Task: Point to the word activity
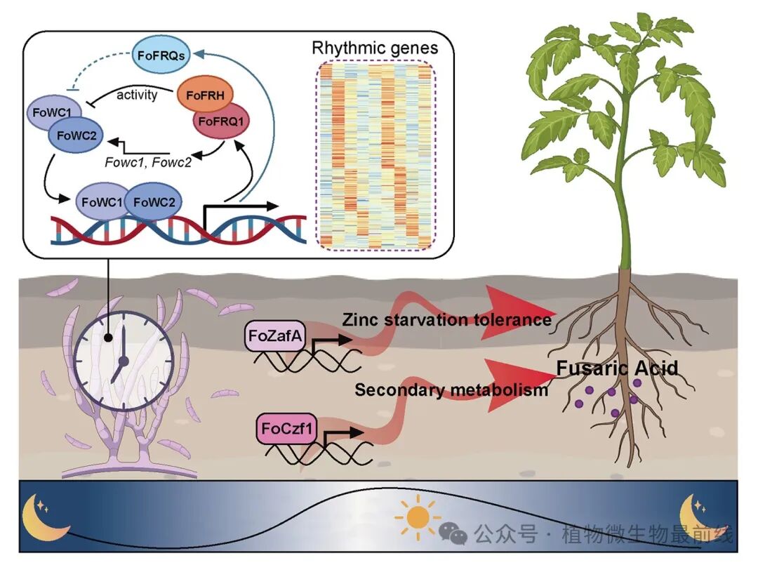(x=136, y=94)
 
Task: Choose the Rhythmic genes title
(x=375, y=48)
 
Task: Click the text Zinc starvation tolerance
(x=446, y=320)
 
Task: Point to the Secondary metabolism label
(x=451, y=390)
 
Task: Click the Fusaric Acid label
(x=617, y=368)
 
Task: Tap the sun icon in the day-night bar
(x=418, y=517)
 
